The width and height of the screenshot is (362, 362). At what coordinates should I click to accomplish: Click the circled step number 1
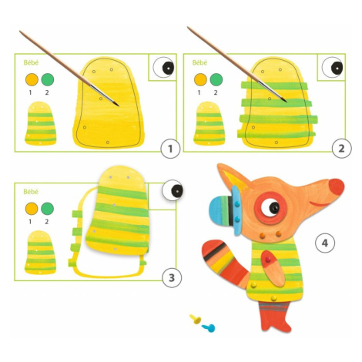coord(170,149)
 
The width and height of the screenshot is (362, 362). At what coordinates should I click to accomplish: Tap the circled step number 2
coord(341,149)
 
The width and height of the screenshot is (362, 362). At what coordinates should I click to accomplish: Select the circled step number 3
coord(172,278)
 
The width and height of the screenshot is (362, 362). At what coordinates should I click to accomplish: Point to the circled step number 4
coord(325,243)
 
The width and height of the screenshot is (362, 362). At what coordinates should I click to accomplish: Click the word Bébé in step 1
coord(31,62)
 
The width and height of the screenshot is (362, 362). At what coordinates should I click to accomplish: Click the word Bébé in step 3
coord(31,192)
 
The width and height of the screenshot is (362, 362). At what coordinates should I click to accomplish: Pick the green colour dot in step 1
coord(48,79)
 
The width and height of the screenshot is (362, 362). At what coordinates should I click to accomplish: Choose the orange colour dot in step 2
coord(200,79)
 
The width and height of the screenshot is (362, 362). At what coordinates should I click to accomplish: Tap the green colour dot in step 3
coord(47,209)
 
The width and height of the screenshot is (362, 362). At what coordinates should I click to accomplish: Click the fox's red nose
coord(336,186)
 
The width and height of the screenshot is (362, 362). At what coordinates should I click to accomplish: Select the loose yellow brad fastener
coord(196,319)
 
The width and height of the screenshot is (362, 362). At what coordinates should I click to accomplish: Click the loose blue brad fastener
coord(209,327)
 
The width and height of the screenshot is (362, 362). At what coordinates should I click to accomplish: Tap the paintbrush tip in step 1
coord(118,106)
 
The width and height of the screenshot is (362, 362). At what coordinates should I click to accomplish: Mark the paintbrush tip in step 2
coord(286,102)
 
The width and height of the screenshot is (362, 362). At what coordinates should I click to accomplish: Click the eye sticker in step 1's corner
coord(163,68)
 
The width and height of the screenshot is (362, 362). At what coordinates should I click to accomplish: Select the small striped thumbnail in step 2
coord(209,123)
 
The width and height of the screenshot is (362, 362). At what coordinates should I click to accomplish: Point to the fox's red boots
coord(275,317)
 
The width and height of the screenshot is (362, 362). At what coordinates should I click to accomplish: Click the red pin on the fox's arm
coord(268,260)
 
